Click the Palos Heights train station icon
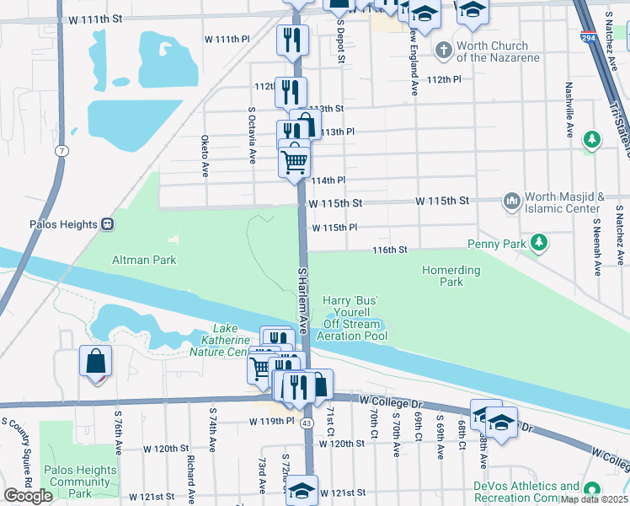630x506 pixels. pos(108,224)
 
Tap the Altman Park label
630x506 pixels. pos(144,260)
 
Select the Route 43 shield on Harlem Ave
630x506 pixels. pos(306,423)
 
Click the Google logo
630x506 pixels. pos(28,496)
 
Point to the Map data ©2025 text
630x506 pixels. pos(594,499)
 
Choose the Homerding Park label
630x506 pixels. pos(451,276)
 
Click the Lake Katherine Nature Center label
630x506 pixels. pos(219,340)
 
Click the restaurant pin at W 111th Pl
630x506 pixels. pos(293,39)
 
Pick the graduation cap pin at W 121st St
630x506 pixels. pos(302,489)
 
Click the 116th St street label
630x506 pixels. pos(391,250)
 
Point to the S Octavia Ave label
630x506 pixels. pos(251,135)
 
